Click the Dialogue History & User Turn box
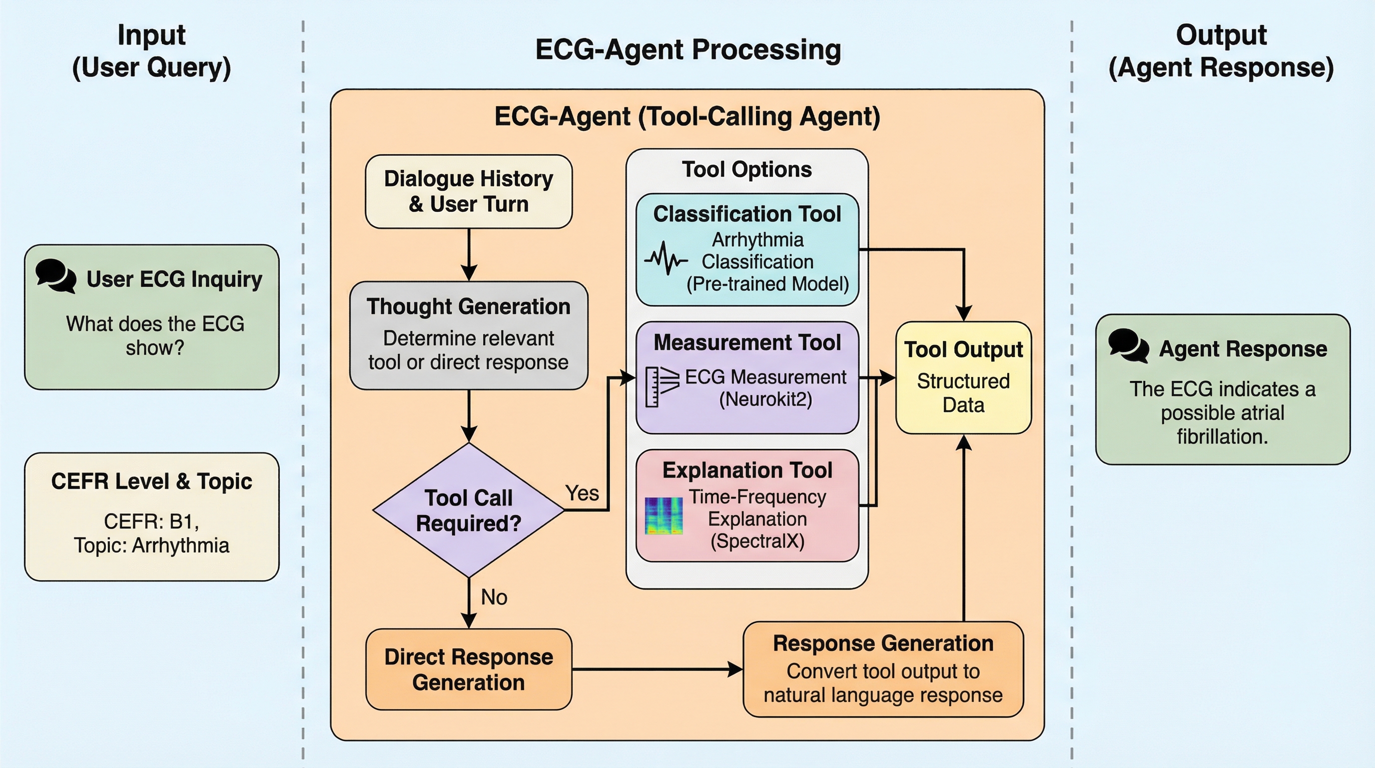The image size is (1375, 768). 468,191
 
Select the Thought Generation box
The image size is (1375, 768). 468,335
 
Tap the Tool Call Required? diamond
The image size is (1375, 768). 468,510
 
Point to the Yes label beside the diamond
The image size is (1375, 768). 582,493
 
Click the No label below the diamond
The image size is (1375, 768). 494,597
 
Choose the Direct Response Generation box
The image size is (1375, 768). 468,669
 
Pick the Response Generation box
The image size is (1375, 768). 883,668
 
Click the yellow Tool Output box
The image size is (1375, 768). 963,377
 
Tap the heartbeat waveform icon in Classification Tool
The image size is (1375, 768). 666,259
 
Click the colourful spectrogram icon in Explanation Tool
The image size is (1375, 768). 664,516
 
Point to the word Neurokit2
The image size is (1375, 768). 765,399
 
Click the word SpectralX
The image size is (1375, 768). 757,541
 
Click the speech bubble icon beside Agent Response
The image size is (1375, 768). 1128,345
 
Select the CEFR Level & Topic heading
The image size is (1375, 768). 151,481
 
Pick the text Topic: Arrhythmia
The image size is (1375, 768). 151,545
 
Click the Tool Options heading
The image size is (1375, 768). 746,169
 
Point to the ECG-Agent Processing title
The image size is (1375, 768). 687,49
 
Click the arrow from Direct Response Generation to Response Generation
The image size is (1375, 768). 657,669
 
